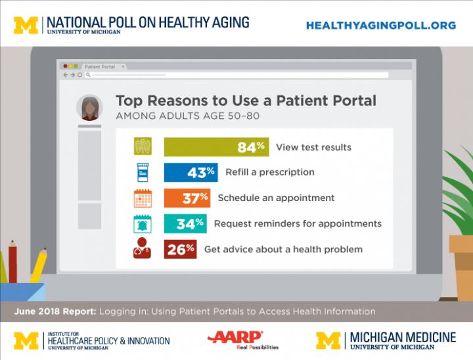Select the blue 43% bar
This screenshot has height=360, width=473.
pyautogui.click(x=191, y=172)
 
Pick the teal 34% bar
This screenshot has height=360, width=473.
pyautogui.click(x=185, y=223)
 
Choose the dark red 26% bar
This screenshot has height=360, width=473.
pyautogui.click(x=180, y=249)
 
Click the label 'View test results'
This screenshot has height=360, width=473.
pyautogui.click(x=313, y=147)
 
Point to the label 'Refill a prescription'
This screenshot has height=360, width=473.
pyautogui.click(x=269, y=172)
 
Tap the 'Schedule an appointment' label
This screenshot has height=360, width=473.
pyautogui.click(x=276, y=198)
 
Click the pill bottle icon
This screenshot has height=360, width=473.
pyautogui.click(x=143, y=173)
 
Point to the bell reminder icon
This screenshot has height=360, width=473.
pyautogui.click(x=143, y=224)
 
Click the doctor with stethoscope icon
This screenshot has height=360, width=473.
pyautogui.click(x=143, y=250)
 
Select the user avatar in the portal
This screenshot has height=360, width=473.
pyautogui.click(x=89, y=108)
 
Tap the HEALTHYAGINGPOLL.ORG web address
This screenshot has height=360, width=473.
pyautogui.click(x=381, y=25)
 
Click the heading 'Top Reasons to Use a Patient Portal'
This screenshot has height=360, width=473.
pyautogui.click(x=246, y=101)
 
